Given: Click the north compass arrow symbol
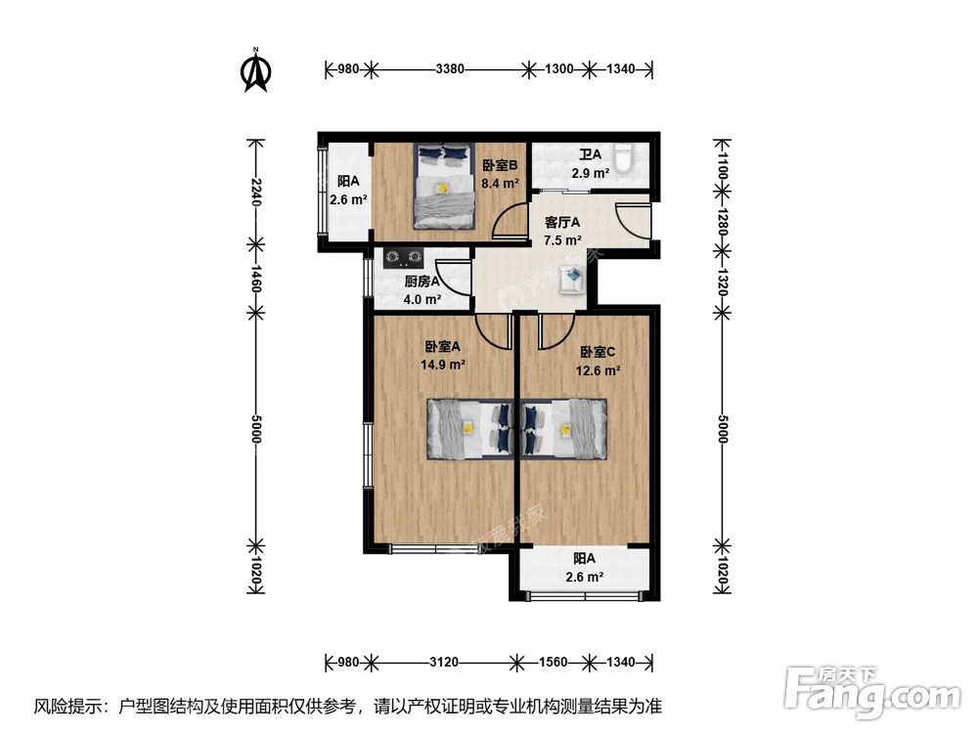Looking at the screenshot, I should (x=256, y=70).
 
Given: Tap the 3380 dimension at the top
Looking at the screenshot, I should (x=450, y=69).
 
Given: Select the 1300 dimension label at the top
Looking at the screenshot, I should (x=557, y=69).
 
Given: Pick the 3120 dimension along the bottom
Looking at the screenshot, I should (x=445, y=663).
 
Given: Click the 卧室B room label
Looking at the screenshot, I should (x=499, y=165).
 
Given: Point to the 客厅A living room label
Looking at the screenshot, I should (x=562, y=222).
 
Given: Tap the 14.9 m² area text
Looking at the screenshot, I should (x=444, y=364).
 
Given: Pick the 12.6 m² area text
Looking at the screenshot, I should (x=599, y=370).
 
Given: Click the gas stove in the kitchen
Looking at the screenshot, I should (x=403, y=259).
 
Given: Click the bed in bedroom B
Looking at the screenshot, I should (x=445, y=186).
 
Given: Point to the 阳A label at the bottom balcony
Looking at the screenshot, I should (x=585, y=558).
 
